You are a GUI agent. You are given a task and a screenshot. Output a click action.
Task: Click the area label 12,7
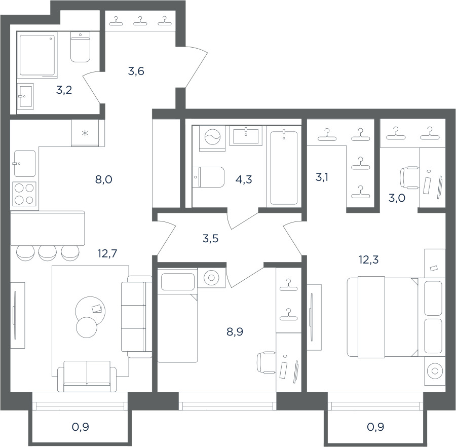point(107,253)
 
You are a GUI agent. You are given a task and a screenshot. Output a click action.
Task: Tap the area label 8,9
point(235,331)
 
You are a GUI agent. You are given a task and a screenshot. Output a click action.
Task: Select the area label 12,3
point(368,259)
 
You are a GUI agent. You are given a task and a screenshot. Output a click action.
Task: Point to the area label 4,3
point(244,180)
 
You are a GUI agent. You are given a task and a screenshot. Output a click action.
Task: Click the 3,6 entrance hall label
point(136,71)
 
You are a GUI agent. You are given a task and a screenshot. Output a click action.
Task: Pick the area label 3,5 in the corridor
point(210,239)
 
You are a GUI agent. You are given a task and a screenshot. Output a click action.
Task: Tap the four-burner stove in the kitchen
point(24,194)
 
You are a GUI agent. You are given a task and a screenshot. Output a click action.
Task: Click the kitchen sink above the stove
point(25,164)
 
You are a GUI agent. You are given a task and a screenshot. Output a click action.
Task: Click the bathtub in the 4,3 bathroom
point(284,168)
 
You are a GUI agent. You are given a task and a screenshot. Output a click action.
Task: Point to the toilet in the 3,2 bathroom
point(80,47)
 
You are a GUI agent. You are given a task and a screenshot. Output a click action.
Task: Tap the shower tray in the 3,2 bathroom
point(37,55)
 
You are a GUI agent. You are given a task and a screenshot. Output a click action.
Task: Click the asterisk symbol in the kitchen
point(85,133)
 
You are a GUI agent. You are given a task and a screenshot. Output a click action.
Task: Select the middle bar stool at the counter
point(48,253)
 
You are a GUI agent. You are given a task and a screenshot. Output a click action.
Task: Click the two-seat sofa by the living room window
point(87,377)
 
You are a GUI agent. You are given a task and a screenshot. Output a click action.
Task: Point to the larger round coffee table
point(91,311)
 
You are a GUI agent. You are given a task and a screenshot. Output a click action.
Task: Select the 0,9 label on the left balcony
point(80,427)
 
